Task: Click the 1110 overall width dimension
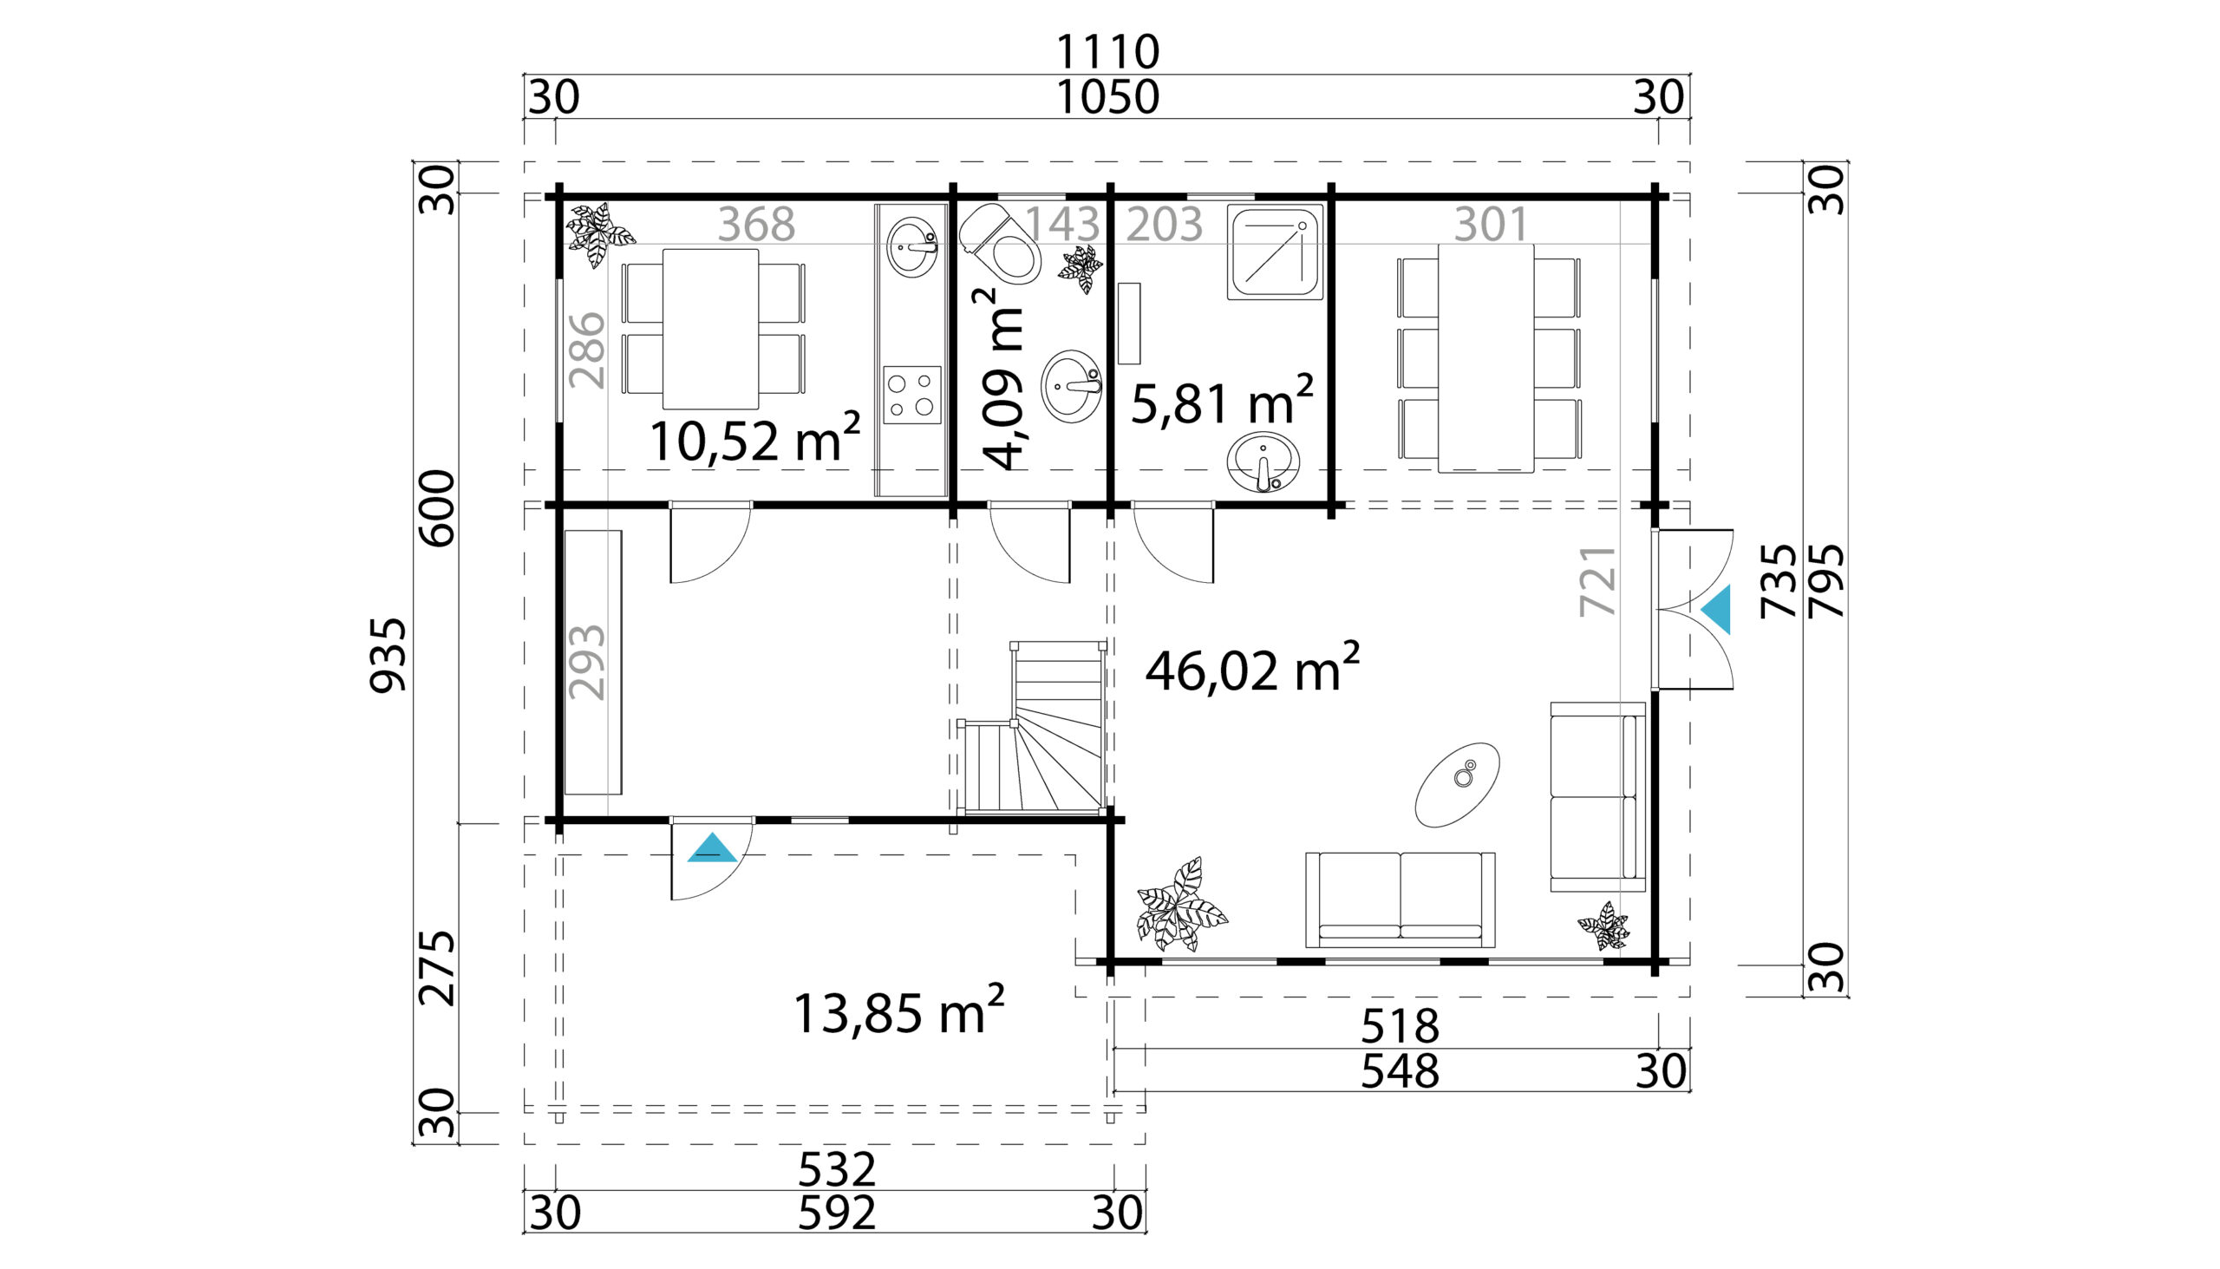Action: [x=1107, y=52]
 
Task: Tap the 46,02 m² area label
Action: [x=1252, y=668]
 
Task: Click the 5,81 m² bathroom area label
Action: [x=1222, y=401]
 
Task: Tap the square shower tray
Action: [x=1275, y=252]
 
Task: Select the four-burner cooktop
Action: [x=912, y=395]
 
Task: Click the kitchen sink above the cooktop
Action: [x=912, y=247]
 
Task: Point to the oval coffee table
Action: [x=1458, y=784]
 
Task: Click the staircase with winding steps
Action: [x=1034, y=728]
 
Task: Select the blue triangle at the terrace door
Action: [x=712, y=847]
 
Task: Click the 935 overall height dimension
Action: [x=388, y=656]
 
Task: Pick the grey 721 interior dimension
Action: [x=1599, y=581]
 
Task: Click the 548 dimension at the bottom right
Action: [x=1401, y=1071]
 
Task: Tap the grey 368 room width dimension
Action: [x=756, y=224]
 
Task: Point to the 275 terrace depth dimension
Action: [x=437, y=967]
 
